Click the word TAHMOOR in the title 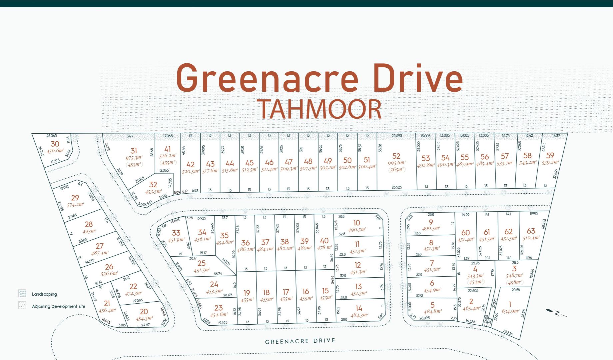click(x=319, y=109)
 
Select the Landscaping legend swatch click(x=22, y=293)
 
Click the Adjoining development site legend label click(x=58, y=306)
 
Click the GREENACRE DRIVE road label click(x=300, y=341)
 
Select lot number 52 click(x=396, y=156)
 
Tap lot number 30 click(x=55, y=144)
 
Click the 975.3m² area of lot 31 click(x=134, y=158)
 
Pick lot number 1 click(x=510, y=304)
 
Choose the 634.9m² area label click(x=510, y=311)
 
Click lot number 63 click(x=531, y=231)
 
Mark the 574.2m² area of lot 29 click(x=76, y=205)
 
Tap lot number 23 click(x=219, y=308)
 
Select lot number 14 click(x=359, y=308)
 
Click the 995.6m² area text click(x=396, y=163)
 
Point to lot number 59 click(x=550, y=155)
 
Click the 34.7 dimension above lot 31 click(x=130, y=136)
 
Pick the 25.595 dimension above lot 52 click(x=397, y=136)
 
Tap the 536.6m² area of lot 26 click(x=109, y=274)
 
